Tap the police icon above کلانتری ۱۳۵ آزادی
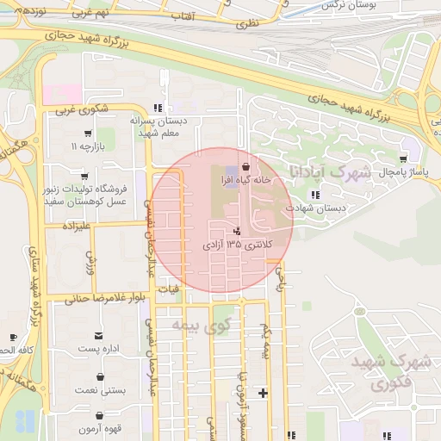[237, 231]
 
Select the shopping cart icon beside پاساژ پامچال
[403, 159]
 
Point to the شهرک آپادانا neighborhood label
[328, 172]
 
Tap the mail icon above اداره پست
[100, 335]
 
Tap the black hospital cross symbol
[263, 394]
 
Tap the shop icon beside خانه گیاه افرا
[247, 166]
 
